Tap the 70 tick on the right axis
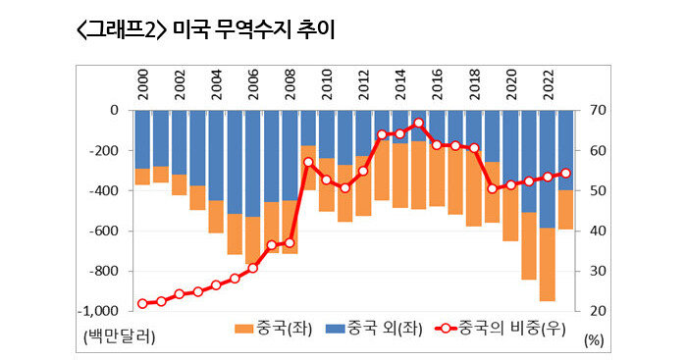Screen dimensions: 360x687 coord(595,111)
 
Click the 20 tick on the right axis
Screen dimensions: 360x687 coord(595,311)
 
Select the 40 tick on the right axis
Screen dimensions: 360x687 coord(595,231)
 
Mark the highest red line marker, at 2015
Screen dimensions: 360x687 coord(419,123)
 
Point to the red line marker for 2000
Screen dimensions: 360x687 coord(143,303)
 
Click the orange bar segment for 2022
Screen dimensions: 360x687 coord(548,265)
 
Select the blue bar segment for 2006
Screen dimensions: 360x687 coord(253,162)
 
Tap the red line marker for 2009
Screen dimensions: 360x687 coord(308,162)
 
